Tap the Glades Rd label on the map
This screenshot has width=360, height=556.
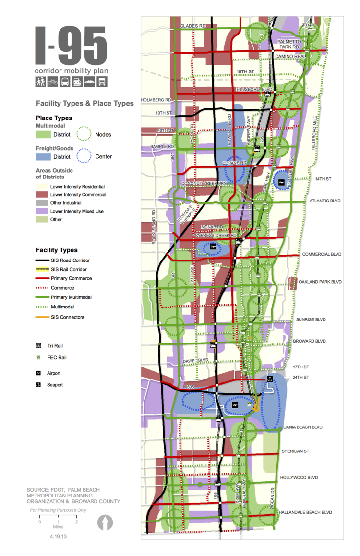(192, 26)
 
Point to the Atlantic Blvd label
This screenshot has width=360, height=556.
(325, 201)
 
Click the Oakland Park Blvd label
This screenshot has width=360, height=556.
(320, 282)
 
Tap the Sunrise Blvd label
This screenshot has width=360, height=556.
(311, 319)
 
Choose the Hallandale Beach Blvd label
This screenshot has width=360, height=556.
(306, 512)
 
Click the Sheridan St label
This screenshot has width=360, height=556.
(295, 451)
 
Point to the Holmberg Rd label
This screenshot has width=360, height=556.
(156, 100)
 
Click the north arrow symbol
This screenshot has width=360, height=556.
(105, 522)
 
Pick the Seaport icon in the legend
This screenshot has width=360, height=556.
(38, 385)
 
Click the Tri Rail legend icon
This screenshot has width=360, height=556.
(38, 346)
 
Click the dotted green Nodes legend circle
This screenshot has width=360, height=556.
(84, 134)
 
